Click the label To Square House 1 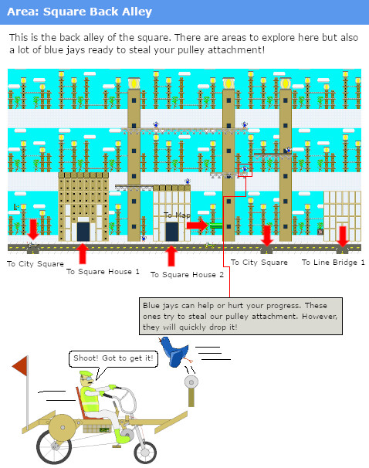103,271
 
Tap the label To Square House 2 187,274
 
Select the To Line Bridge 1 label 333,263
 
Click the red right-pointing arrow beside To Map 198,225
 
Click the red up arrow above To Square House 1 83,253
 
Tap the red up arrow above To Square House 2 171,255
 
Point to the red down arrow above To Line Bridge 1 342,234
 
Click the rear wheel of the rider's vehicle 56,434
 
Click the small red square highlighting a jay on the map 245,170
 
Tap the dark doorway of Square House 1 83,231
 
